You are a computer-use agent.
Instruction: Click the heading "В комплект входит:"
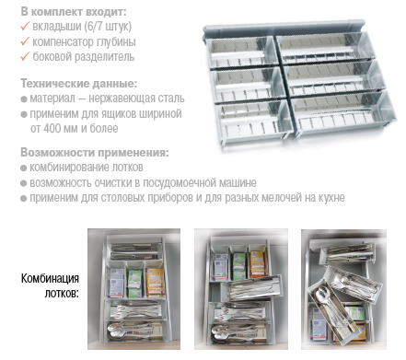(74, 12)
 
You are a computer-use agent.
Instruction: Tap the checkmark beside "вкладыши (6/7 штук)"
(25, 26)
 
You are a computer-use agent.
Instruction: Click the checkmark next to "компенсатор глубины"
(25, 41)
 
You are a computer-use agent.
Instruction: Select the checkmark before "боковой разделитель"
(25, 56)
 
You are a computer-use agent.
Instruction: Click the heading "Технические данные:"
(79, 83)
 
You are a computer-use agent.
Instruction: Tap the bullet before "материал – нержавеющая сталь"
(24, 99)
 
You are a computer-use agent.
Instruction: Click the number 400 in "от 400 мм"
(52, 128)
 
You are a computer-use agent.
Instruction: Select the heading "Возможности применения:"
(95, 152)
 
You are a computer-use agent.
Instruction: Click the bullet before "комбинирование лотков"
(24, 168)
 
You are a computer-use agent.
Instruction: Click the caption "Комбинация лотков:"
(50, 285)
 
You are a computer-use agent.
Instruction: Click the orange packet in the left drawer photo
(156, 283)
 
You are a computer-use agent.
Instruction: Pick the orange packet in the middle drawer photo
(259, 263)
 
